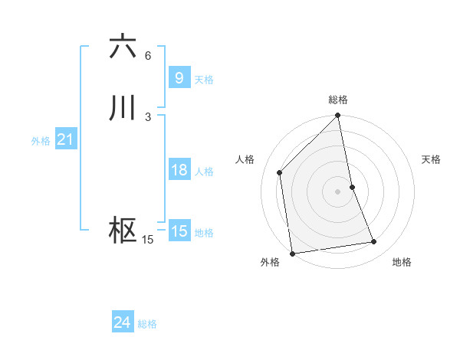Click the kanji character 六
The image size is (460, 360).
[123, 47]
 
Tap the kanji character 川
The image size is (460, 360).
[123, 108]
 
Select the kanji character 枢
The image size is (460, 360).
[123, 231]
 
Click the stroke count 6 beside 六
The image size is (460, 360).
[148, 56]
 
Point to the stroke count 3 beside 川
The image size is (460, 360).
[148, 117]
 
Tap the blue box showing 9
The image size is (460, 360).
[179, 78]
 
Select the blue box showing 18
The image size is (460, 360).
[179, 170]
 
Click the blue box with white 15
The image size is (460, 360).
[179, 231]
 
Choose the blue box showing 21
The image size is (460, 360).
[65, 139]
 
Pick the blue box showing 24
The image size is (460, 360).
[122, 323]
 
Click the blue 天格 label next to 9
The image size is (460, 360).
[204, 80]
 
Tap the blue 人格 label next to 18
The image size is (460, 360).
[204, 172]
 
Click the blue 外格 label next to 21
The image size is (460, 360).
[40, 141]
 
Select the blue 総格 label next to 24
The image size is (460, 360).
[147, 325]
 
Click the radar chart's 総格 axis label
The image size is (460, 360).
[338, 100]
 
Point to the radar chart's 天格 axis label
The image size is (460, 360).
[432, 159]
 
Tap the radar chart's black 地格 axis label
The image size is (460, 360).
[402, 263]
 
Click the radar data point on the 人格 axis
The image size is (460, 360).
[280, 172]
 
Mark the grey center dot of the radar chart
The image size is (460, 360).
[338, 191]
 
